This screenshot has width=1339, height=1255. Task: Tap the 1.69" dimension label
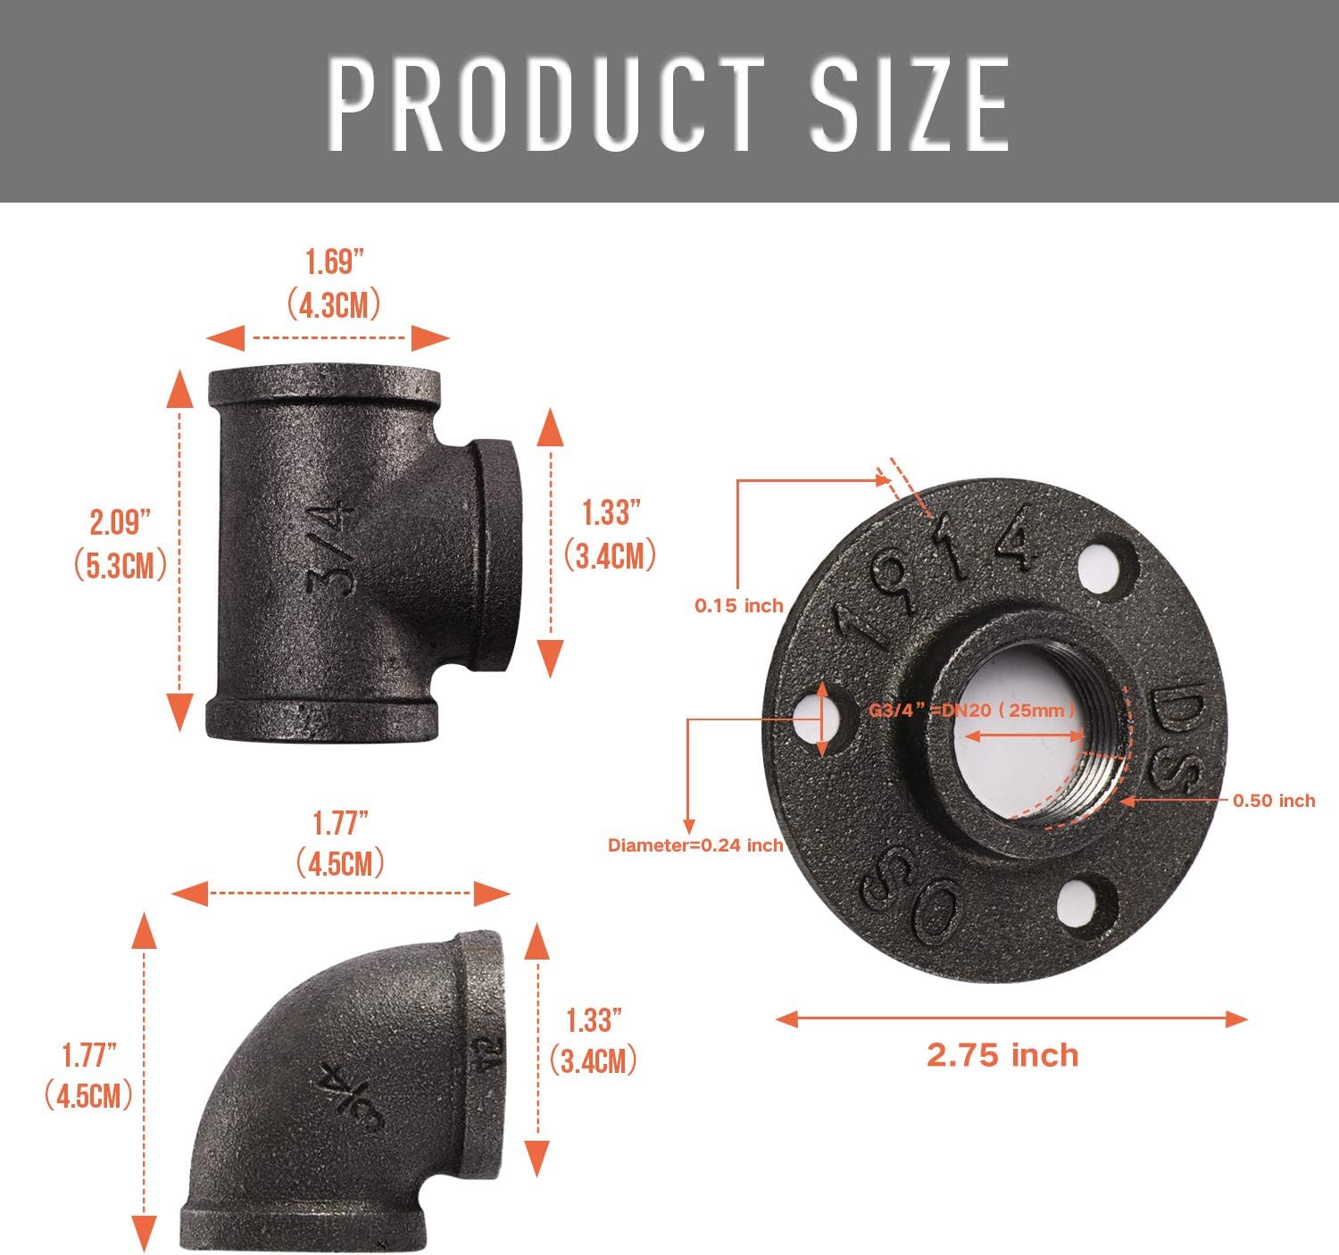click(335, 262)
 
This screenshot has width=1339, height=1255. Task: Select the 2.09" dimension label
click(120, 522)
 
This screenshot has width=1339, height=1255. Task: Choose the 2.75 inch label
click(1002, 1055)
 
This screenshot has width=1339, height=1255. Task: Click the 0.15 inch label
click(739, 605)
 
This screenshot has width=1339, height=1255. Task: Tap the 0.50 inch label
click(1274, 801)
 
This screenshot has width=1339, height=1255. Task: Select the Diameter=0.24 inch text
click(695, 844)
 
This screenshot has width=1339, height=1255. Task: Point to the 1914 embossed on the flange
click(937, 571)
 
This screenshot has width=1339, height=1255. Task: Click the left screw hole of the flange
click(822, 720)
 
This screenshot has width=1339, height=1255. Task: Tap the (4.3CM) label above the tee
click(335, 304)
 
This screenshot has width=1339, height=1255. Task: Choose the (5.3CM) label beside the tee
click(120, 566)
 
